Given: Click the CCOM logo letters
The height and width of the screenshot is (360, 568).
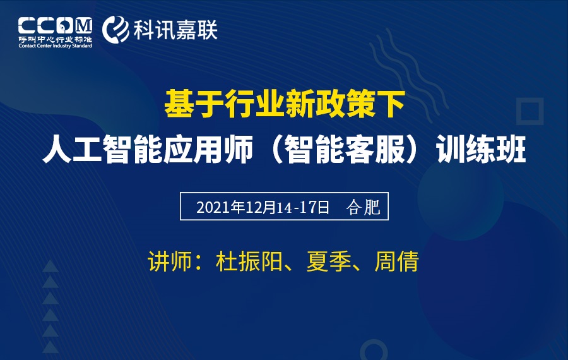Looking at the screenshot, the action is [55, 25].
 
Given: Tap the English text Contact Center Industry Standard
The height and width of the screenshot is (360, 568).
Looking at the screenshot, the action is [56, 45].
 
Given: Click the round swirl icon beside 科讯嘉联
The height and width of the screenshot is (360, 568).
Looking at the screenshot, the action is [115, 29].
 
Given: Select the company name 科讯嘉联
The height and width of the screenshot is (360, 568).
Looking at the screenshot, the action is [175, 30].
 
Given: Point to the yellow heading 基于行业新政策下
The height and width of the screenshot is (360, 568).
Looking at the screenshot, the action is [285, 104].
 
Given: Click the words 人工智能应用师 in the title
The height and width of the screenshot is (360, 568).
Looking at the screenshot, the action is [148, 149].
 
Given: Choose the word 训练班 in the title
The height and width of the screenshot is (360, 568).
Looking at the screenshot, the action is [481, 149].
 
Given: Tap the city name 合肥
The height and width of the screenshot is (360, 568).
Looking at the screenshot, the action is [363, 207].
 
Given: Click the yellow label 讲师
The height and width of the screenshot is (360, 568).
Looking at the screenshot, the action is [170, 261].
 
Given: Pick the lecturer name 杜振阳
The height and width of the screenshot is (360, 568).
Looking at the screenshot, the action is [249, 261].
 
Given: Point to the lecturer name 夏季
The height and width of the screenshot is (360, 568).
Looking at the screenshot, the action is [329, 261].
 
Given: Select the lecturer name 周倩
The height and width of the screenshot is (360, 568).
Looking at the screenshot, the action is [397, 261].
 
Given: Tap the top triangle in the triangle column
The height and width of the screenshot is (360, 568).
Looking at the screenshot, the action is [50, 266].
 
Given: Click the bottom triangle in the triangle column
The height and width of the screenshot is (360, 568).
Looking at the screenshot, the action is [50, 347].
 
